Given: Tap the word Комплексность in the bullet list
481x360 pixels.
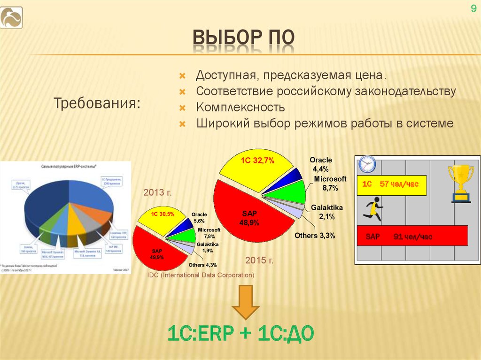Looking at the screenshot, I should pyautogui.click(x=240, y=107).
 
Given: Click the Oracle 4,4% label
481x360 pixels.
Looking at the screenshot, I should pyautogui.click(x=320, y=164).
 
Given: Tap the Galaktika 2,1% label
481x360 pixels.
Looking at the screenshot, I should pyautogui.click(x=327, y=212).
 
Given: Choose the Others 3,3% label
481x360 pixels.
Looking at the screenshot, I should pyautogui.click(x=314, y=236).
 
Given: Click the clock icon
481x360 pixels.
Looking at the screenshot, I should pyautogui.click(x=367, y=164).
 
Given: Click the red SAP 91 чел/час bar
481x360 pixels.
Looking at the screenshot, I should pyautogui.click(x=412, y=236).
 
